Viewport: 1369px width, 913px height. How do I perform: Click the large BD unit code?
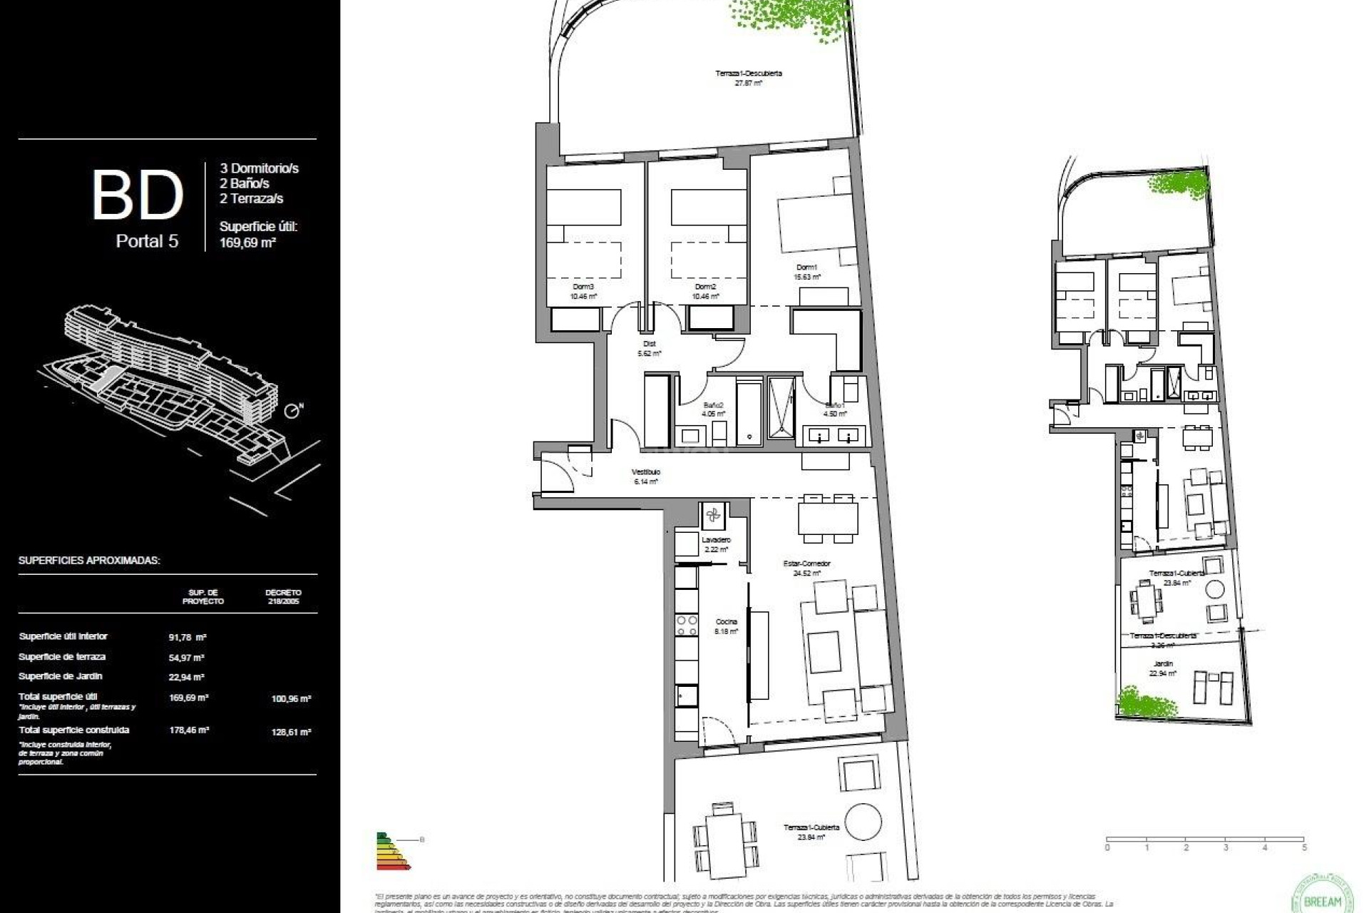coord(137,194)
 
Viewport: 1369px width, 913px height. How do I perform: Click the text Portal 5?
coord(147,241)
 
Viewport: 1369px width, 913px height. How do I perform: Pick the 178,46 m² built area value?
coord(188,730)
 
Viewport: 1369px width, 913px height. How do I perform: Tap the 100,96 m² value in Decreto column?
coord(291,699)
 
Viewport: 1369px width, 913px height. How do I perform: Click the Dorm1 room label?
coord(806,267)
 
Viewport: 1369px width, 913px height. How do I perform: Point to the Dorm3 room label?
coord(583,287)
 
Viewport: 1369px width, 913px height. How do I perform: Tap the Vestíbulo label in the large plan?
coord(645,472)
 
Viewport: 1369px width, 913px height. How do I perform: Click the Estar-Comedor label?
coord(806,563)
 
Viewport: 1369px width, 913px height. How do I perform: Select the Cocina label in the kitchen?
coord(726,622)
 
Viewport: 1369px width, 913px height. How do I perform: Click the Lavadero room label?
coord(715,540)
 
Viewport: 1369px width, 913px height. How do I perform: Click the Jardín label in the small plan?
coord(1162,663)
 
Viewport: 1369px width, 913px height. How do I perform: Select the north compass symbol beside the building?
coord(292,412)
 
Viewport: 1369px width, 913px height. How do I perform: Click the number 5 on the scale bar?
coord(1304,848)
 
